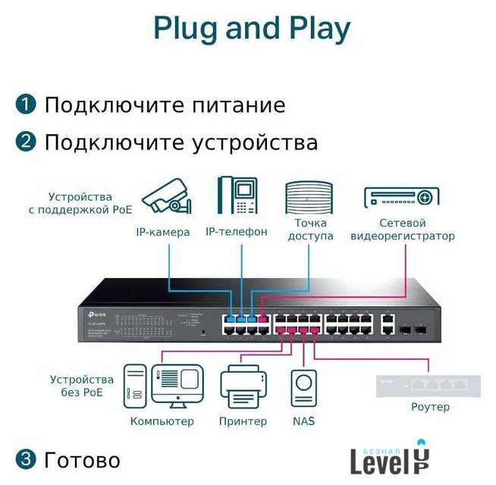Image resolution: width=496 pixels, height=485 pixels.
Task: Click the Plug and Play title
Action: (252, 28)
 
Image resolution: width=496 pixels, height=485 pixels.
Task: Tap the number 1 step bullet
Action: (26, 105)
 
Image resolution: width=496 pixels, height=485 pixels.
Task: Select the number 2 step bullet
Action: (26, 142)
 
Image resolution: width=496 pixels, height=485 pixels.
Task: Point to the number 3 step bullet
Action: (26, 459)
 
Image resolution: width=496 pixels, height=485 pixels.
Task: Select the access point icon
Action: (309, 199)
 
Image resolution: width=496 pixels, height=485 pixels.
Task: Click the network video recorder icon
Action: (402, 197)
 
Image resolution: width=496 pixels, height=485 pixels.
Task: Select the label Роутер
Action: (430, 407)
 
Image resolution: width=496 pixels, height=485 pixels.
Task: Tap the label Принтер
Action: (243, 421)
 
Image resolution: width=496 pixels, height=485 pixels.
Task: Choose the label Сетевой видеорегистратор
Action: (402, 230)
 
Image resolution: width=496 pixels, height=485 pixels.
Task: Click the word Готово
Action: (82, 460)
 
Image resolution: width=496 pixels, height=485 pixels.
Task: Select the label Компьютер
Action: (162, 421)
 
